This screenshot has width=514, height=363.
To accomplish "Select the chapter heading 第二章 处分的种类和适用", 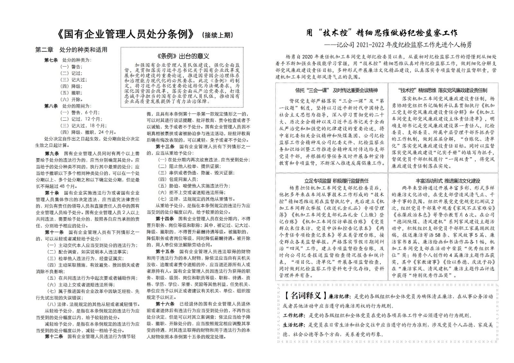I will pyautogui.click(x=71, y=50).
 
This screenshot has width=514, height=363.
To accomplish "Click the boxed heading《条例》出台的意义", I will pyautogui.click(x=182, y=56).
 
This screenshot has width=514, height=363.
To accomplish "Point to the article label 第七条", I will pyautogui.click(x=51, y=60).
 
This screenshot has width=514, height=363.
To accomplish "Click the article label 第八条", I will pyautogui.click(x=51, y=106).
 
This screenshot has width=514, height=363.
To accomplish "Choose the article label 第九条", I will pyautogui.click(x=52, y=154).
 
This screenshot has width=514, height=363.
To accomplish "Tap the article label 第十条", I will pyautogui.click(x=52, y=193).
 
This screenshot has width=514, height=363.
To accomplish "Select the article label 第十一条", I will pyautogui.click(x=54, y=232).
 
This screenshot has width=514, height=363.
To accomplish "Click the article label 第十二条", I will pyautogui.click(x=54, y=336).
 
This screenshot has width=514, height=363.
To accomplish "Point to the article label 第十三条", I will pyautogui.click(x=165, y=146).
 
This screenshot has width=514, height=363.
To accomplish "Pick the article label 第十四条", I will pyautogui.click(x=165, y=219).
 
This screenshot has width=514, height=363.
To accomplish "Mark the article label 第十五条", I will pyautogui.click(x=165, y=251).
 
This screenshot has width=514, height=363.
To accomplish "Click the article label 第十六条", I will pyautogui.click(x=165, y=304).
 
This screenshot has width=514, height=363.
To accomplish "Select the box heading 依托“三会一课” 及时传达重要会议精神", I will pyautogui.click(x=332, y=90).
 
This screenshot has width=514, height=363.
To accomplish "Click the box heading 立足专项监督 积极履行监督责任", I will pyautogui.click(x=332, y=181).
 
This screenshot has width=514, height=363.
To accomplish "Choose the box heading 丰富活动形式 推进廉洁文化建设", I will pyautogui.click(x=443, y=181).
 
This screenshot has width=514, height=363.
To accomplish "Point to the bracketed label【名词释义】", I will pyautogui.click(x=303, y=296).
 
